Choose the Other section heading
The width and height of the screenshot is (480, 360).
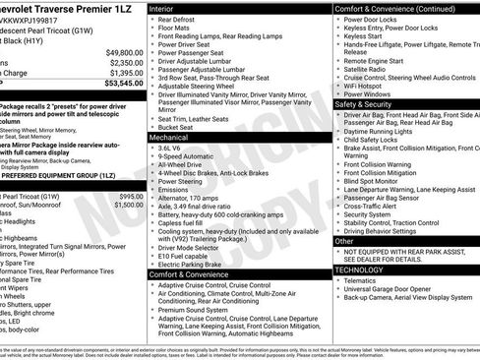pyautogui.click(x=344, y=240)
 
